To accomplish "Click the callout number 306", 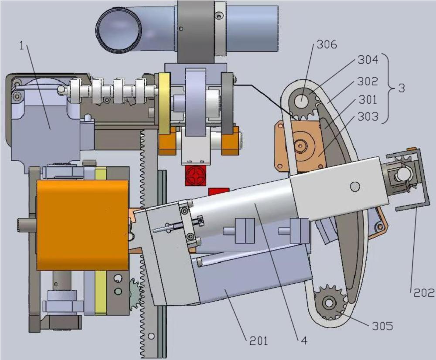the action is pos(327,44).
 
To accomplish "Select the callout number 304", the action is pos(368,60).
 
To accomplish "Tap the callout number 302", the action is pos(368,81).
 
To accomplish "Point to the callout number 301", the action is pos(368,99).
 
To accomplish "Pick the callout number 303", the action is pos(368,116).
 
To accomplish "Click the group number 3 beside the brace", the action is pos(402,88).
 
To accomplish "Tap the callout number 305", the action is pos(382,326).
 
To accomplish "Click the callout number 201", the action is pos(259,340).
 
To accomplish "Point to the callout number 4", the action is pos(304,340).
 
